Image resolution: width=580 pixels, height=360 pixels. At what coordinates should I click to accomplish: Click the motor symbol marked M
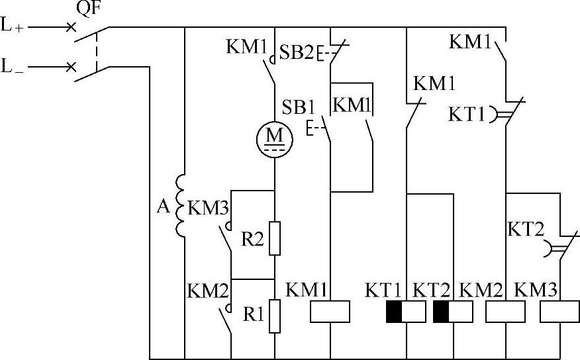pos(274,136)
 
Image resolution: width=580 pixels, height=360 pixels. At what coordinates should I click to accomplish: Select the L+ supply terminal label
pos(13,28)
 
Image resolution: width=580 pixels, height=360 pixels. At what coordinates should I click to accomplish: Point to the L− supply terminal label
pos(13,67)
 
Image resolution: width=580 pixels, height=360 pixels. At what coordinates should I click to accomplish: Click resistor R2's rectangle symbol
pos(275,238)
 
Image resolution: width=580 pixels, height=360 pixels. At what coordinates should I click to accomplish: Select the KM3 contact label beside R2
pos(208,208)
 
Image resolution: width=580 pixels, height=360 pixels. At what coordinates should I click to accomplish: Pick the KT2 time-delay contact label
pos(526,230)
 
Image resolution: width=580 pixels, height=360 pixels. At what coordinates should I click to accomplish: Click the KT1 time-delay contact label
pos(466,113)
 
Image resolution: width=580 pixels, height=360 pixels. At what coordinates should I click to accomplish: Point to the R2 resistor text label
pos(252,238)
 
